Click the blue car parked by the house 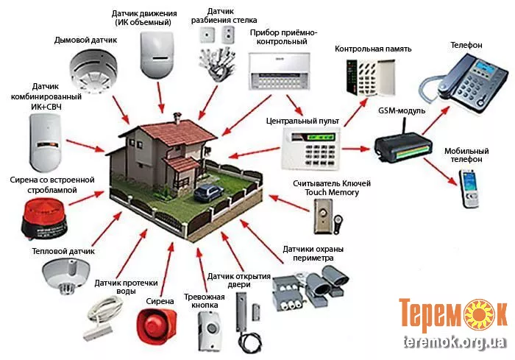point(209,194)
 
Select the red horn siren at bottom point(156,325)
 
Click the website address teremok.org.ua point(454,343)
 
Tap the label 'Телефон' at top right point(466,46)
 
